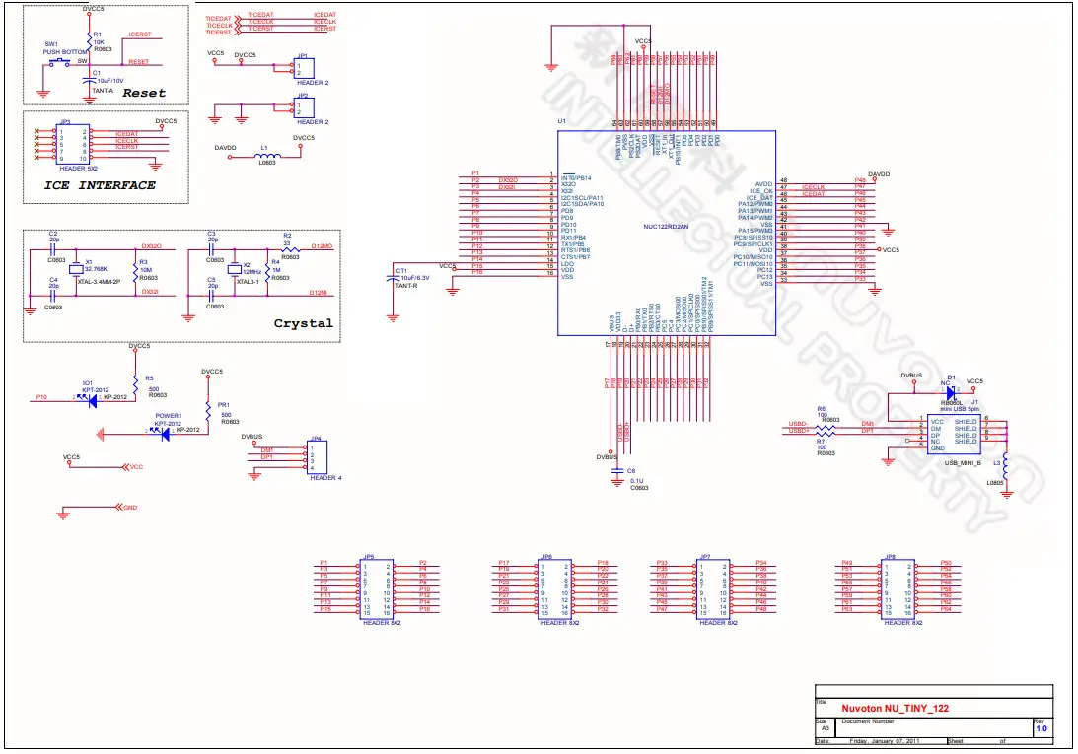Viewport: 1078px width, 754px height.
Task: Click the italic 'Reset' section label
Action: pyautogui.click(x=144, y=93)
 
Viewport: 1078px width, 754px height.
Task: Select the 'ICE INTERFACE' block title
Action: pyautogui.click(x=100, y=185)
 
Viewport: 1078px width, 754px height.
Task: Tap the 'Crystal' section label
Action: pyautogui.click(x=303, y=323)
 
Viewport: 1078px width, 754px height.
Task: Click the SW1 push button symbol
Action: pyautogui.click(x=59, y=62)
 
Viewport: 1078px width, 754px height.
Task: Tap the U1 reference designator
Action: pyautogui.click(x=561, y=121)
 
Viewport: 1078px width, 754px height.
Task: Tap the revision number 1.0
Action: pyautogui.click(x=1041, y=728)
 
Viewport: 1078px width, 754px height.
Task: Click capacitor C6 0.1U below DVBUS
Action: pyautogui.click(x=618, y=473)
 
